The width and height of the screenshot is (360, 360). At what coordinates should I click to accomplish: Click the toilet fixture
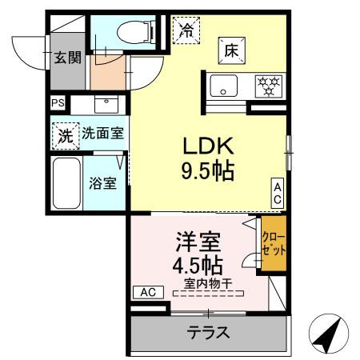point(133,32)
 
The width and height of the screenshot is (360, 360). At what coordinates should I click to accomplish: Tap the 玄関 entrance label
point(67,57)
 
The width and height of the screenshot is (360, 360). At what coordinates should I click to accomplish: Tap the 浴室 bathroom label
point(102,182)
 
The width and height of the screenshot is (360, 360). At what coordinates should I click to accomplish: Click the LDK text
point(208,147)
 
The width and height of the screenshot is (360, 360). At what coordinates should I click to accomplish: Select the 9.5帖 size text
point(208,171)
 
